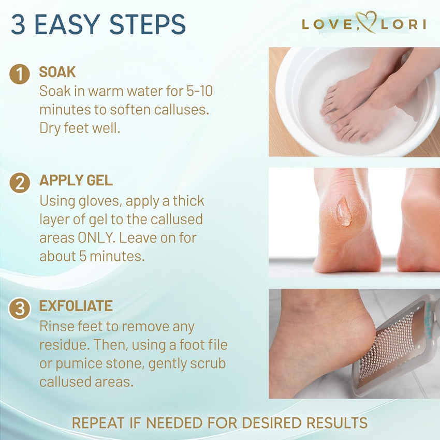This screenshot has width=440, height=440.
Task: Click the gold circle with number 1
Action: pyautogui.click(x=20, y=74)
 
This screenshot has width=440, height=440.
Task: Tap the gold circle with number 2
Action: pyautogui.click(x=20, y=183)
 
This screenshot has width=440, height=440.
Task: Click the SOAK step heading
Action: pyautogui.click(x=57, y=72)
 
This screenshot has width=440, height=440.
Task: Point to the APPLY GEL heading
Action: pyautogui.click(x=76, y=181)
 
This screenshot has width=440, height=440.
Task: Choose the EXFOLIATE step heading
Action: pyautogui.click(x=76, y=306)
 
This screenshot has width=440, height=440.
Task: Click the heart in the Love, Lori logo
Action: pyautogui.click(x=366, y=23)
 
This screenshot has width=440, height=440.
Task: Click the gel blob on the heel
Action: pyautogui.click(x=343, y=211)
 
